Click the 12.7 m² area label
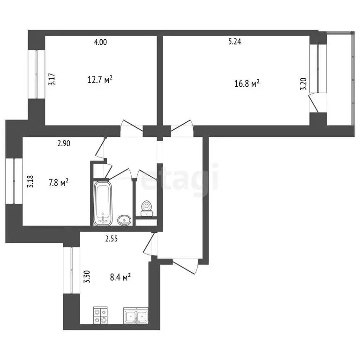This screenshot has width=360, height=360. (x=100, y=80)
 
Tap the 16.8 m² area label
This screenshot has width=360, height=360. (x=247, y=84)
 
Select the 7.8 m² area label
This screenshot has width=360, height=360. (x=59, y=182)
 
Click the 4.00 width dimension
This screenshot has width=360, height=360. (x=100, y=42)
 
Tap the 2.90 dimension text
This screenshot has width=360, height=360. (x=64, y=144)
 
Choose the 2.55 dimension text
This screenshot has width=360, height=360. (x=111, y=238)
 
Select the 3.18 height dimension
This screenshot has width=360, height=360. (x=30, y=181)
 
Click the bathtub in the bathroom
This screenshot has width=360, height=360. (x=103, y=203)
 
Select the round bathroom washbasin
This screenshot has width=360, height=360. (x=124, y=219)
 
